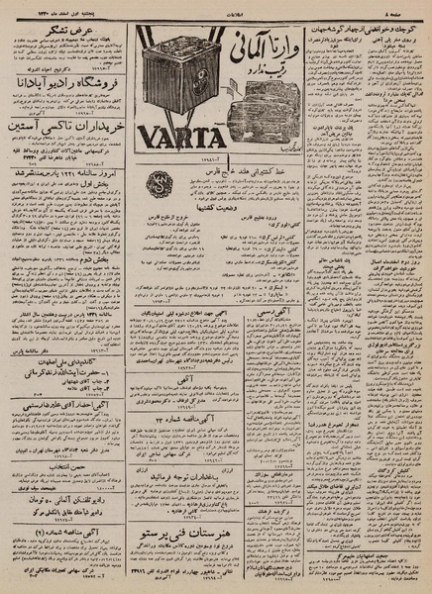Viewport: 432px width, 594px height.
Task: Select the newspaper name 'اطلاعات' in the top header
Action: (216, 6)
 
